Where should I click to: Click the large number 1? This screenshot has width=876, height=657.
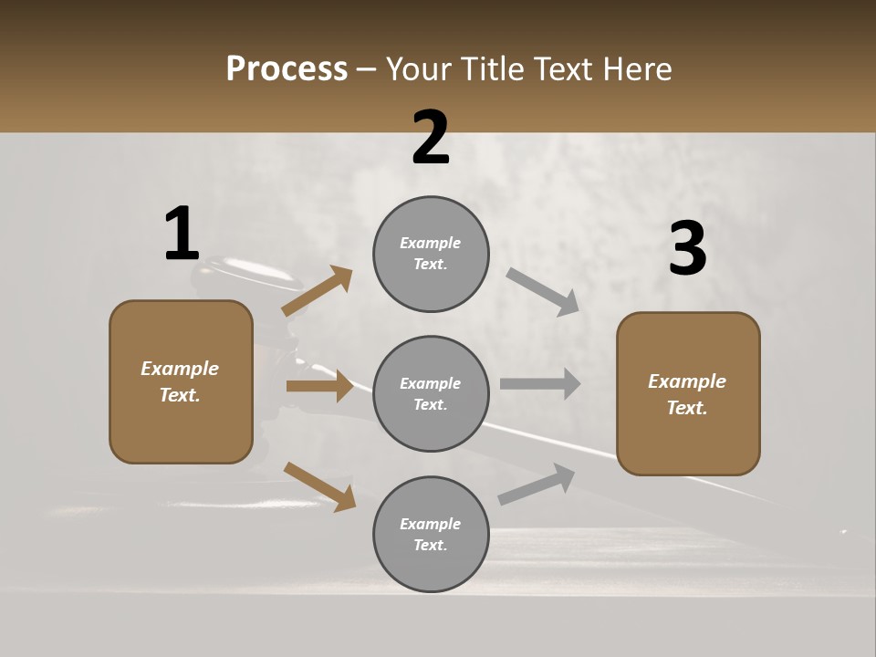pyautogui.click(x=182, y=235)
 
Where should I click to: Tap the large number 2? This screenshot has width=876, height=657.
pyautogui.click(x=431, y=138)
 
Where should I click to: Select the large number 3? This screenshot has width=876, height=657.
pyautogui.click(x=687, y=249)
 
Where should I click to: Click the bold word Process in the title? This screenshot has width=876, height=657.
pyautogui.click(x=287, y=68)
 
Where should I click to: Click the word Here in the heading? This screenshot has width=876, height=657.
pyautogui.click(x=633, y=68)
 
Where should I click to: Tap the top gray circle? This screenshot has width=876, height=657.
pyautogui.click(x=431, y=254)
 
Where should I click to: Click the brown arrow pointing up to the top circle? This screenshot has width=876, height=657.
pyautogui.click(x=318, y=291)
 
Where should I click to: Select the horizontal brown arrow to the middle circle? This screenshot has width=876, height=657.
pyautogui.click(x=319, y=386)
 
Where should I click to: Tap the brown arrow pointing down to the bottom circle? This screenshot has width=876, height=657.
pyautogui.click(x=319, y=485)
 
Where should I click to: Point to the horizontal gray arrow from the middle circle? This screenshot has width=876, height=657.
pyautogui.click(x=540, y=383)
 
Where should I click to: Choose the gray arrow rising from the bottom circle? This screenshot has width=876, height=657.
pyautogui.click(x=537, y=485)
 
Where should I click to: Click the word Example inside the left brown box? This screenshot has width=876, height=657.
pyautogui.click(x=180, y=369)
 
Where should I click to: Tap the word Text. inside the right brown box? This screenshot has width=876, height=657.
pyautogui.click(x=687, y=408)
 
